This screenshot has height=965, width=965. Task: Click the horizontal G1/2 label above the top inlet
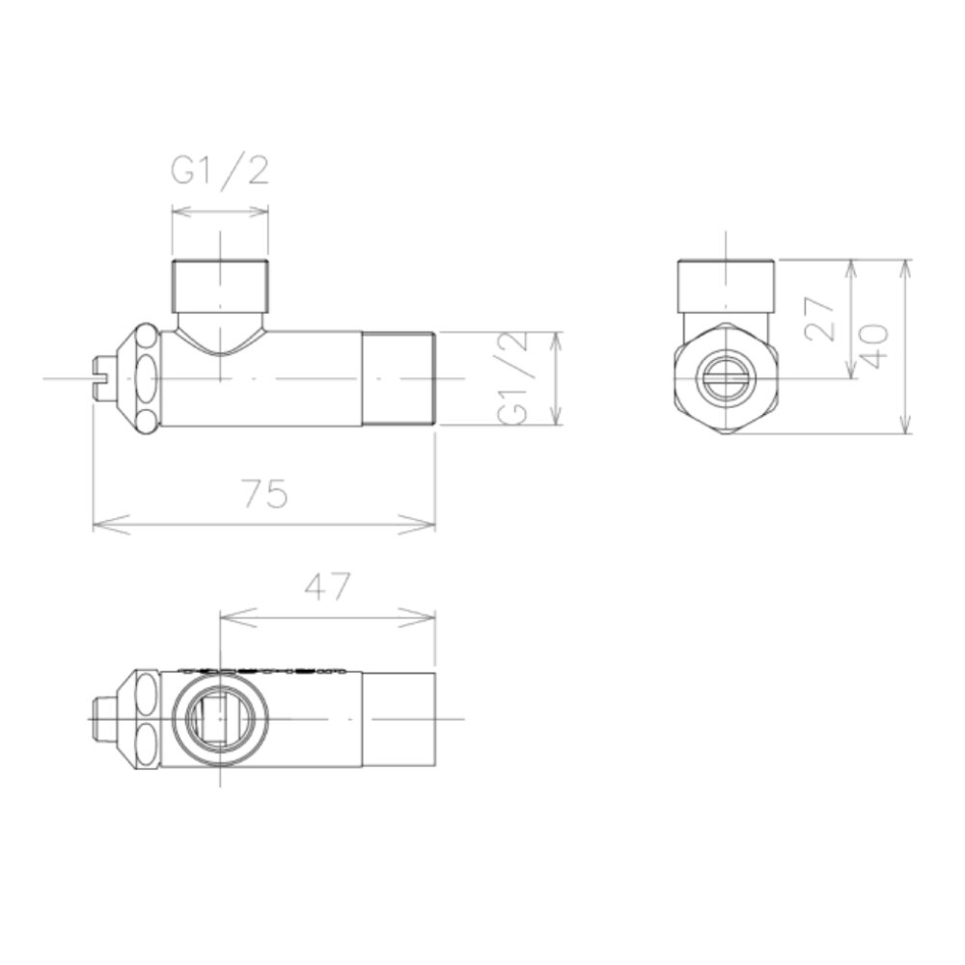click(220, 170)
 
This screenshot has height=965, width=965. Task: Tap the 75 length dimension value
click(265, 493)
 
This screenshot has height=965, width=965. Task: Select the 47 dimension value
click(327, 587)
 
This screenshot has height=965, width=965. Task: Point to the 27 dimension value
click(819, 318)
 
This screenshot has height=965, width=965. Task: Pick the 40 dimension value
click(874, 345)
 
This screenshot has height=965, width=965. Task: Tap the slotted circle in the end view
click(727, 378)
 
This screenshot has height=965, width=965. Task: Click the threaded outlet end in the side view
click(399, 378)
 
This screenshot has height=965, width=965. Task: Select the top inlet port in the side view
click(220, 286)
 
